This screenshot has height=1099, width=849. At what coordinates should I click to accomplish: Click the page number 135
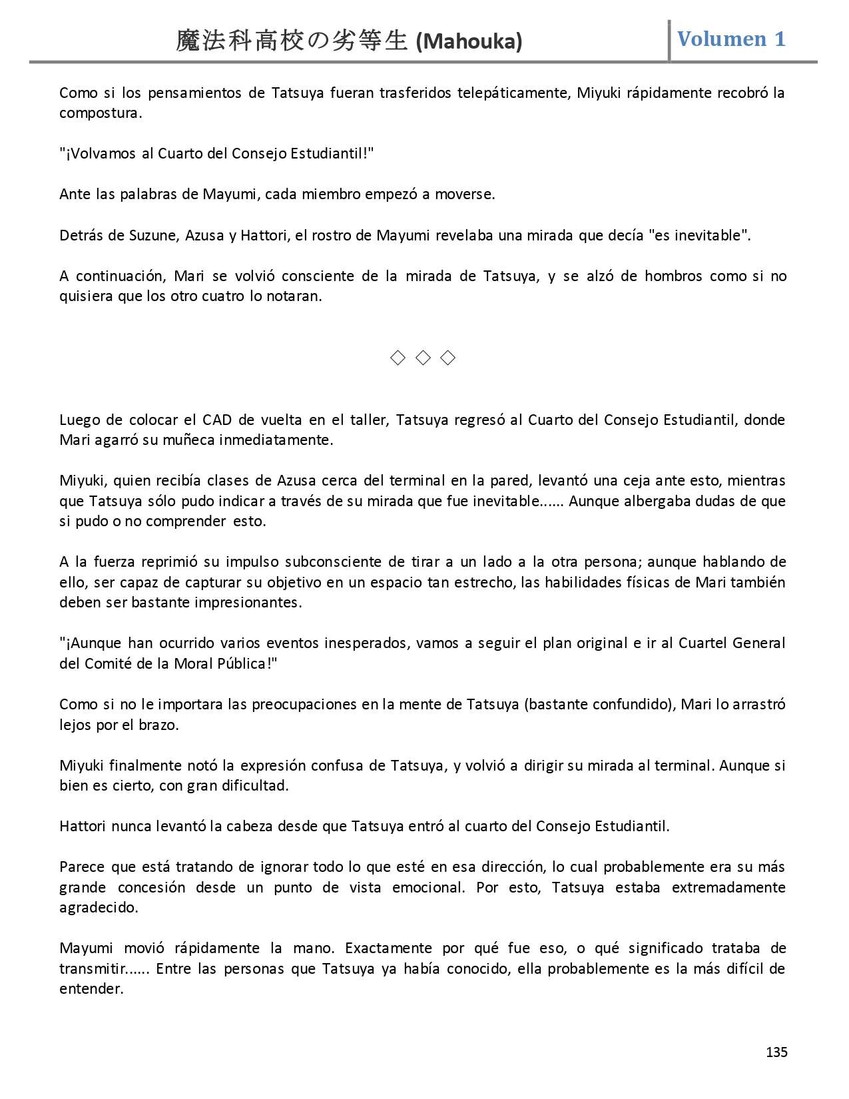coord(776,1052)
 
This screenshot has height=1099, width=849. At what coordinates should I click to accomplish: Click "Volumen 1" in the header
coord(731,39)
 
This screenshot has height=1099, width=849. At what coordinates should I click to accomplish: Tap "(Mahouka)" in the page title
coord(469,42)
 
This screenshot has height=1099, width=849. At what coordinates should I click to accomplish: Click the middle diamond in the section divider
coord(423,358)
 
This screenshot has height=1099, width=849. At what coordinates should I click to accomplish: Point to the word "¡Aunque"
coord(90,643)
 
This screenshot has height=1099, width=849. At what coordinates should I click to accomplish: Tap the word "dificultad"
coord(255,785)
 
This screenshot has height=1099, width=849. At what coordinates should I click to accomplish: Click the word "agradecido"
coord(99,907)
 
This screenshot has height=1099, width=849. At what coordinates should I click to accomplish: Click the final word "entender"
coord(91,988)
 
